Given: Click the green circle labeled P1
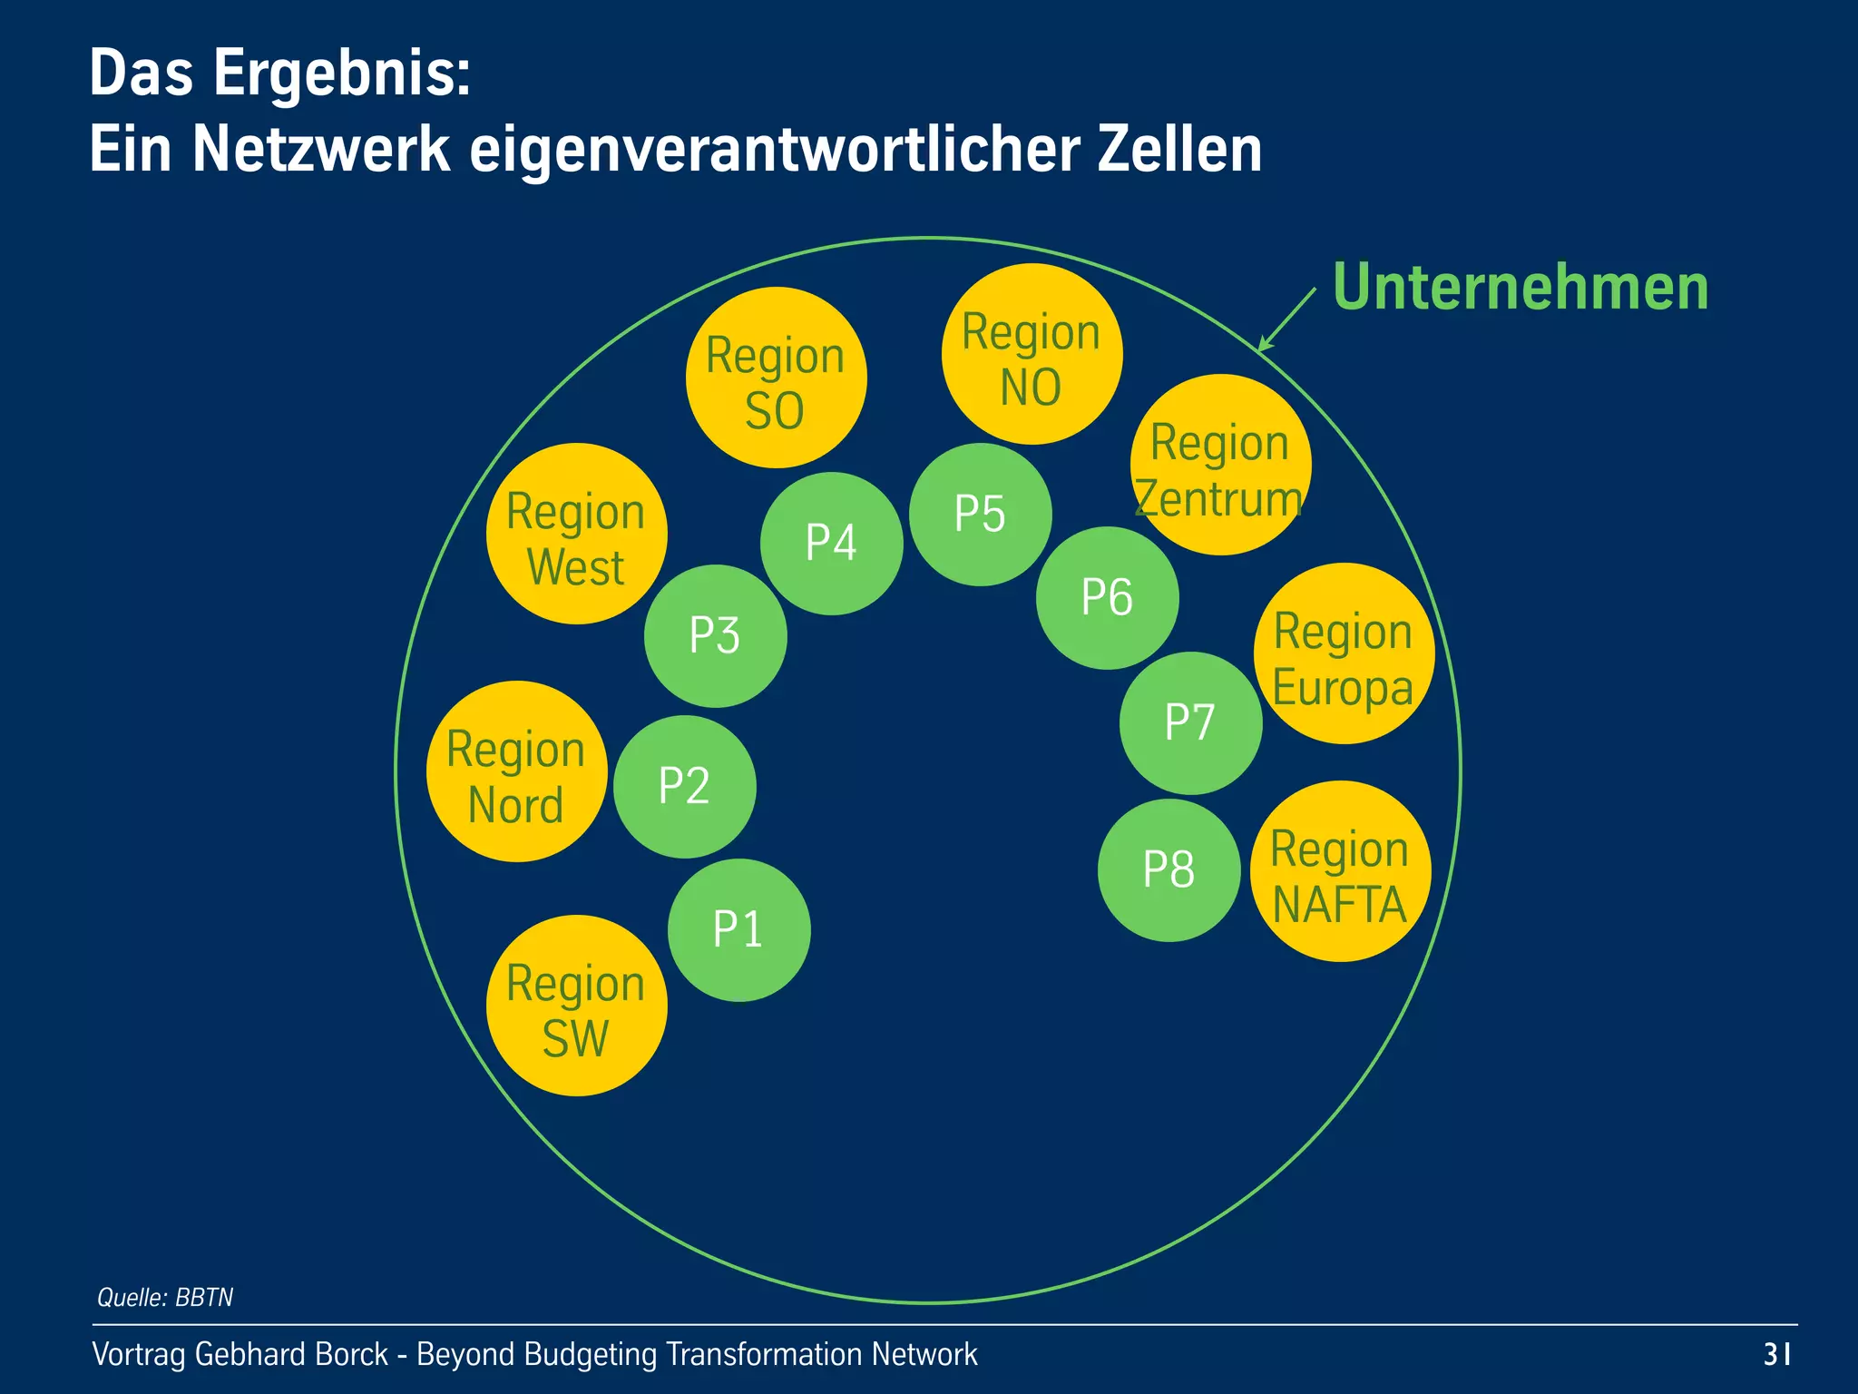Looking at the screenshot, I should (738, 930).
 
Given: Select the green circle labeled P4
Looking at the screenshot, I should (831, 544).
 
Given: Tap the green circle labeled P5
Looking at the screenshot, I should (980, 515).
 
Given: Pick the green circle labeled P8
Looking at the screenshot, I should (1169, 870).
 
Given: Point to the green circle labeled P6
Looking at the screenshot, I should (1107, 598).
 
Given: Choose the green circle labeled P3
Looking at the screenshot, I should (715, 636).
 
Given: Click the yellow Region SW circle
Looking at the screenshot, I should (576, 1006).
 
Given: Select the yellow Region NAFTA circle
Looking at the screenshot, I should (1340, 871).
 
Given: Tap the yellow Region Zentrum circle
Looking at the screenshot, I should (1220, 465).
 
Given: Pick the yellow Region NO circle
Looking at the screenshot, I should (1032, 354).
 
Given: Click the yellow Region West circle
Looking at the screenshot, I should (576, 534).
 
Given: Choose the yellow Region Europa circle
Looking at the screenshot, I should (1344, 653).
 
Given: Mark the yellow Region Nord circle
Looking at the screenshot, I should (516, 771).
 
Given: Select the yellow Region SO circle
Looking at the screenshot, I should (776, 378).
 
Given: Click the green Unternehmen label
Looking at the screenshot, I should (1520, 288).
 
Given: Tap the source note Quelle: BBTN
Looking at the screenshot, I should (165, 1297).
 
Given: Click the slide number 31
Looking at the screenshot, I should (1776, 1354).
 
